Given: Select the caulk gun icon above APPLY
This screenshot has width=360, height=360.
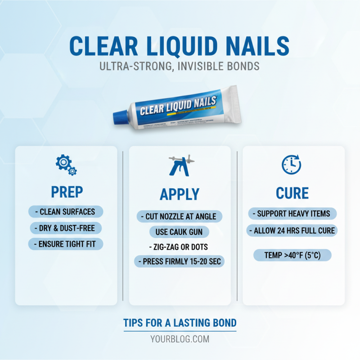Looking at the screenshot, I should pos(180,166).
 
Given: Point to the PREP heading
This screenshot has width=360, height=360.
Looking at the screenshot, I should pos(66,193).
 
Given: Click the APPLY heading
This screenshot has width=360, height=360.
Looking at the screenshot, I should pos(180,194).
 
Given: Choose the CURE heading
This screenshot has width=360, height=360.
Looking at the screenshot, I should pos(292,193).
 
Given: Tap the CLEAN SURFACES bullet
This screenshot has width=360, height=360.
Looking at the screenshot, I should pos(66,211).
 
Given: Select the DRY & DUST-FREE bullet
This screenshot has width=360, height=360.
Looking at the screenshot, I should pos(66,228).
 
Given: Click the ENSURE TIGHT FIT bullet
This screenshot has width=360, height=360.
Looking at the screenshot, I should pos(66,244).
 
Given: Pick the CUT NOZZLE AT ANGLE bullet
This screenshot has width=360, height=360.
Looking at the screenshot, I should pos(180,216).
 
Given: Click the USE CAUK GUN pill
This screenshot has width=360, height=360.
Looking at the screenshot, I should pos(180,232).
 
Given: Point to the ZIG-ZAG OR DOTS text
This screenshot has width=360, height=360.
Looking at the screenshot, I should pos(180,247).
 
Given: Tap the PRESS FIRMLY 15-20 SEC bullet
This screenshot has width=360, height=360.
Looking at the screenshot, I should pos(180,261).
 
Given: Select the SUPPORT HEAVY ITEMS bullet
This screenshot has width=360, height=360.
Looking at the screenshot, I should pos(292,213).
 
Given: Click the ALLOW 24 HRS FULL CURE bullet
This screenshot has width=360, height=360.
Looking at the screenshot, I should pos(292,231).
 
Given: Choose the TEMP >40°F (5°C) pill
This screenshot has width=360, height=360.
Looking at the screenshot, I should pos(292,256).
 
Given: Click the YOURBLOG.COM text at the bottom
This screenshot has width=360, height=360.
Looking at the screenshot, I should pos(180,339).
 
